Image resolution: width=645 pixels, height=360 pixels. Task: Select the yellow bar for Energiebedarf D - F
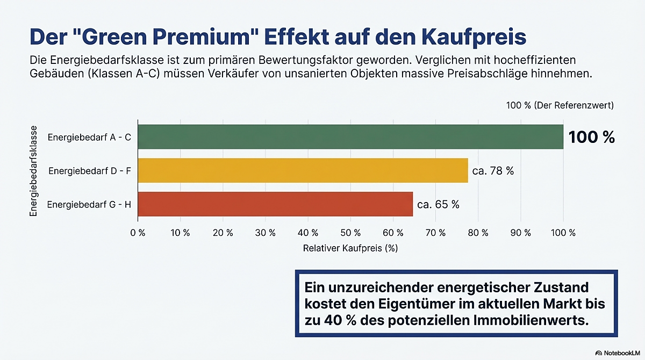pos(303,171)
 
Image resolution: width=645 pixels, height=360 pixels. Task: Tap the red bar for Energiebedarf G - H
pos(275,204)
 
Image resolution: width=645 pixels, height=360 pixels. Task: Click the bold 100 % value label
pos(591,138)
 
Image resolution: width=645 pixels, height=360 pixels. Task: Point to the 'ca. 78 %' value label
pos(493,171)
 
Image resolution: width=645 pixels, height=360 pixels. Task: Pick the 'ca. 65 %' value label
pos(438,205)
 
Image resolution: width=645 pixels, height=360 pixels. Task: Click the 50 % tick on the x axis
pos(350,233)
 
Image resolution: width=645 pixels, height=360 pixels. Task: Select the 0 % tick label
pos(138,233)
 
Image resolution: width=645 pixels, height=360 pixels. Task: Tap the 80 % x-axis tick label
pos(478,233)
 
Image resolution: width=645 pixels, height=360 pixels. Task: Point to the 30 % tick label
pos(266,233)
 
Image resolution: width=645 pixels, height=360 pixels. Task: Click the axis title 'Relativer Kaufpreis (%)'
pos(350,248)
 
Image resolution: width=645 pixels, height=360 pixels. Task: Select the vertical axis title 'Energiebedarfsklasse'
pos(34,171)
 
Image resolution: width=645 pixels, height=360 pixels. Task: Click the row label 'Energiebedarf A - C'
pos(89,138)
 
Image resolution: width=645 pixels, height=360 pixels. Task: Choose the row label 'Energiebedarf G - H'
pos(89,205)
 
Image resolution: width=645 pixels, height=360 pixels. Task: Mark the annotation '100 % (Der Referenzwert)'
pos(560,105)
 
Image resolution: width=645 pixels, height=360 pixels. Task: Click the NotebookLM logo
pos(618,352)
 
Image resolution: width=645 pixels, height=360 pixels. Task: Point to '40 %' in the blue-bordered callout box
pos(333,321)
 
